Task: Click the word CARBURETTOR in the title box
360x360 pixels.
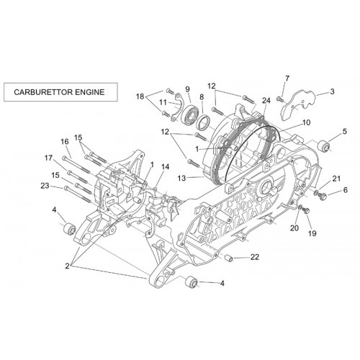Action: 43,92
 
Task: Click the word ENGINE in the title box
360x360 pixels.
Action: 90,92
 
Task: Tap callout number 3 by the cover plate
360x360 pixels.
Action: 332,91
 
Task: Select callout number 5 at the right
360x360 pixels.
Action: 345,131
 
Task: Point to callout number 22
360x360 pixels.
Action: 255,257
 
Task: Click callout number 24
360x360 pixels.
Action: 266,100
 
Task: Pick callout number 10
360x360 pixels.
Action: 307,122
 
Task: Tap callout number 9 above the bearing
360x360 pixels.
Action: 187,89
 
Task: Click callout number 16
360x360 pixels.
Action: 65,142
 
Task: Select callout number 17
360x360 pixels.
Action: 48,158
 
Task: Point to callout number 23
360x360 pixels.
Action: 45,186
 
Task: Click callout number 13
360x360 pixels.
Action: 182,178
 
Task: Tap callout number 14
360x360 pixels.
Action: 165,166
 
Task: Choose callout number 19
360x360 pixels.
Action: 312,233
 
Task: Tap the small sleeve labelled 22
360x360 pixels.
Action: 229,258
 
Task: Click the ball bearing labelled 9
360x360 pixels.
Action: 190,116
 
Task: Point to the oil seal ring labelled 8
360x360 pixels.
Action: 203,122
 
